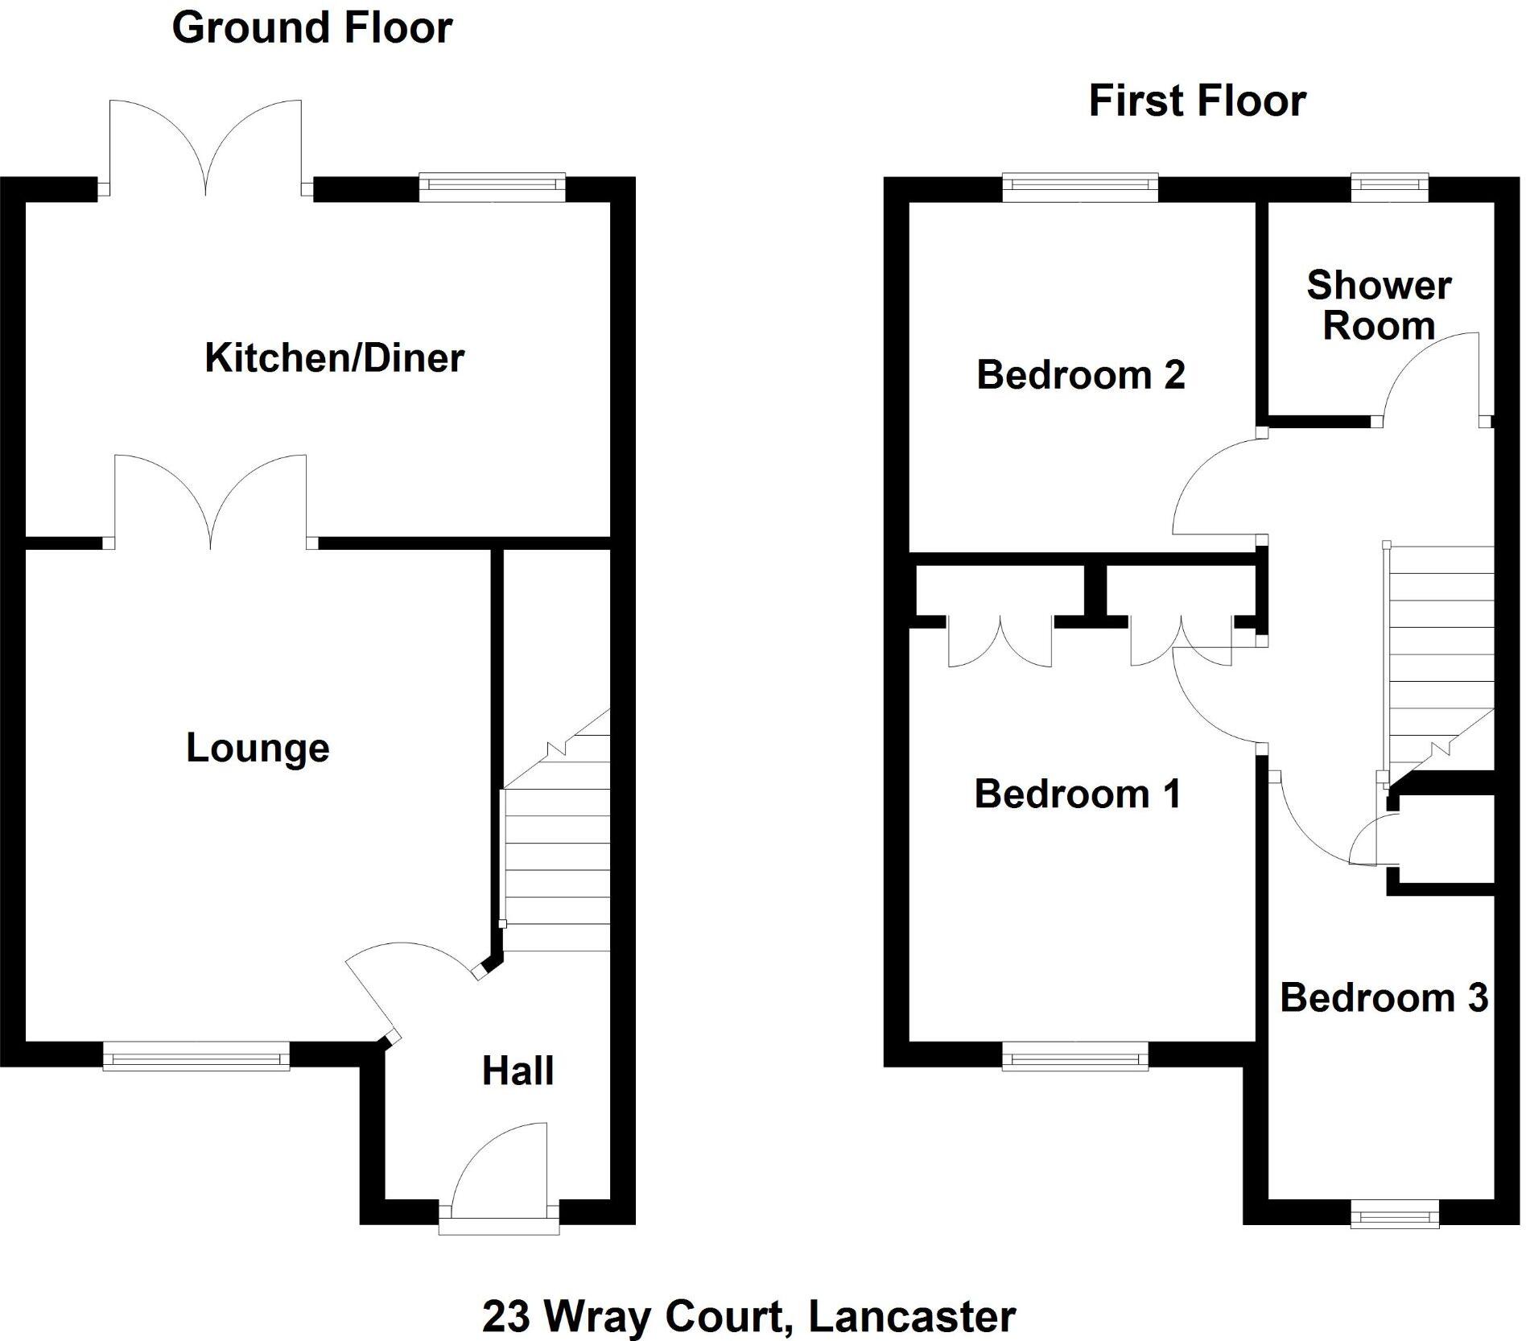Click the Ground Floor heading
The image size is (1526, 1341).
(311, 28)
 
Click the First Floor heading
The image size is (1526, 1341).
(1197, 101)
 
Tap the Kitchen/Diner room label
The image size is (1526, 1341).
(334, 358)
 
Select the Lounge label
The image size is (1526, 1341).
(258, 748)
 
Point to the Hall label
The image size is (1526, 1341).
(518, 1071)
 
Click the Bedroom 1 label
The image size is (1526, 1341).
(1077, 794)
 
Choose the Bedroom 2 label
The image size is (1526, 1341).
(1080, 375)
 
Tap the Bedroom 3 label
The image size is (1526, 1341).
(1384, 998)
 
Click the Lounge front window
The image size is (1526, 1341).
(196, 1055)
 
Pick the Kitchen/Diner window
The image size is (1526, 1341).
(493, 188)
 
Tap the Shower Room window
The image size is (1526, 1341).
(1389, 188)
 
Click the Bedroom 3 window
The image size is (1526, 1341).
(1394, 1214)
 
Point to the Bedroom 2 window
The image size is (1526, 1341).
(1080, 188)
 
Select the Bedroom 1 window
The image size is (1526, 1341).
(1075, 1055)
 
